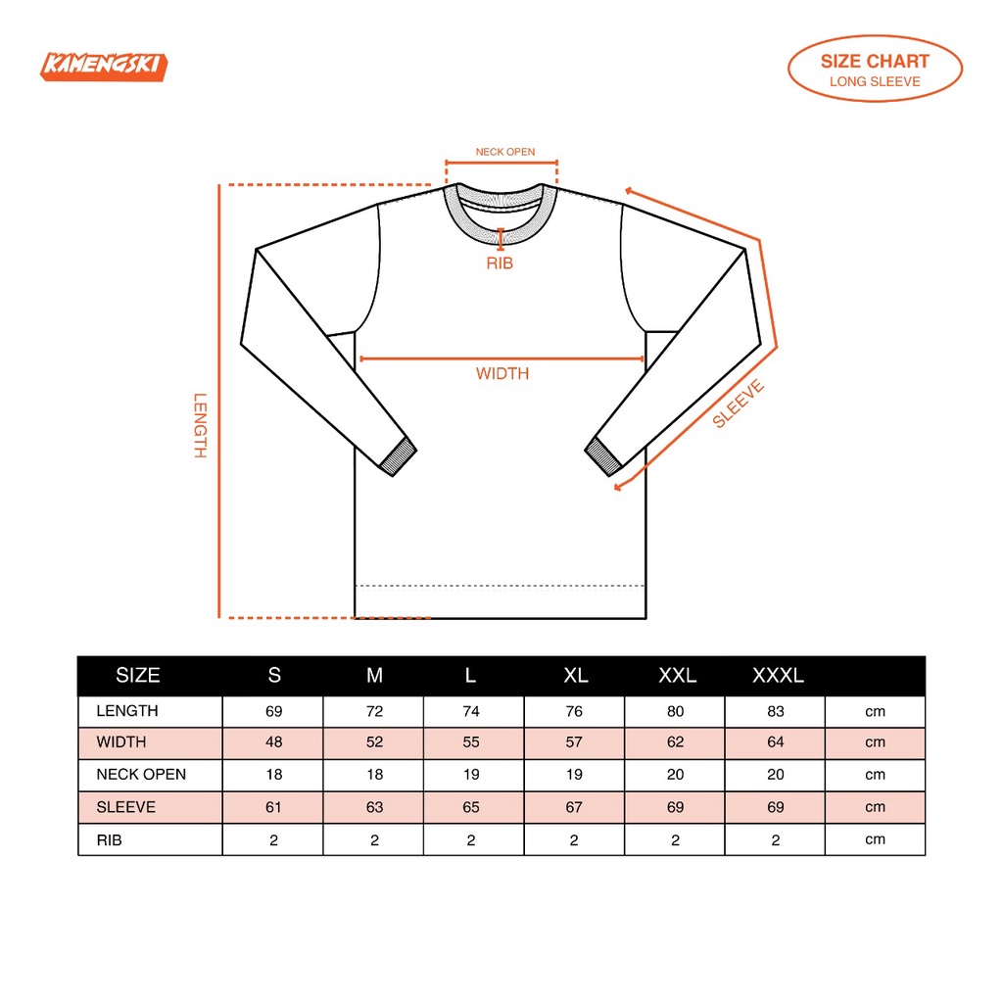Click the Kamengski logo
105,66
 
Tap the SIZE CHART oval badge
875,69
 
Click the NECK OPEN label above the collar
504,152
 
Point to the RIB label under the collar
500,263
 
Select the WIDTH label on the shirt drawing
502,373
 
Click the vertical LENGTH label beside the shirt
201,425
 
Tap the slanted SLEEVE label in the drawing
739,404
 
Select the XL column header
576,676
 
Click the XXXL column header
778,676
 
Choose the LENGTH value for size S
274,712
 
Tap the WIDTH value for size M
375,742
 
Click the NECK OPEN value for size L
472,775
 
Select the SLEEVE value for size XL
574,808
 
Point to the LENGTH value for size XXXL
776,712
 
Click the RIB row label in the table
110,840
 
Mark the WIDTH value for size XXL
676,742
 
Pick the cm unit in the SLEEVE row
875,808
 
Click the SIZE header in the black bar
138,676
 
